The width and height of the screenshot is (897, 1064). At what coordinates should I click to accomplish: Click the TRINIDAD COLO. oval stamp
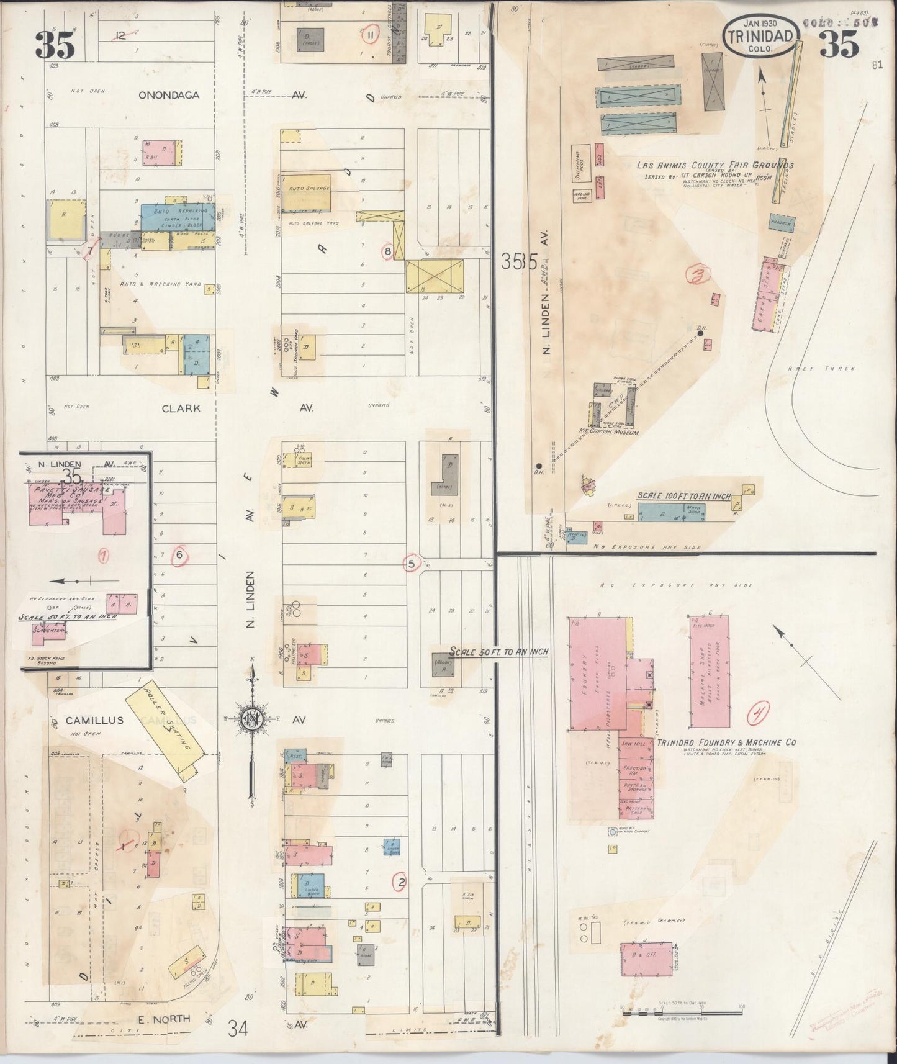(x=761, y=36)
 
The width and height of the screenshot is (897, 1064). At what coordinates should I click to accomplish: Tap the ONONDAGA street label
(x=169, y=95)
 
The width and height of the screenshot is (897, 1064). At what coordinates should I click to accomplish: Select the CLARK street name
(x=181, y=408)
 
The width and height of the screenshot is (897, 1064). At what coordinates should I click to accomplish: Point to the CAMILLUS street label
(x=95, y=720)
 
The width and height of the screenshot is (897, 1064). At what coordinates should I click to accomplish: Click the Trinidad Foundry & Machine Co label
(x=726, y=742)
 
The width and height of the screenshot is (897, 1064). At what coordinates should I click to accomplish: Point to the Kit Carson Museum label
(x=610, y=431)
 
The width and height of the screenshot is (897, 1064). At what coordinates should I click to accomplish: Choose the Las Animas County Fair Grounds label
(x=714, y=166)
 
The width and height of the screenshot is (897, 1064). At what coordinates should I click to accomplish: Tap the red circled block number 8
(x=388, y=251)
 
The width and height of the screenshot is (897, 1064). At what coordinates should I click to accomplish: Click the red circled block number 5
(x=411, y=564)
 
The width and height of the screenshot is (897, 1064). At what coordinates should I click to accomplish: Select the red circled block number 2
(x=402, y=882)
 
